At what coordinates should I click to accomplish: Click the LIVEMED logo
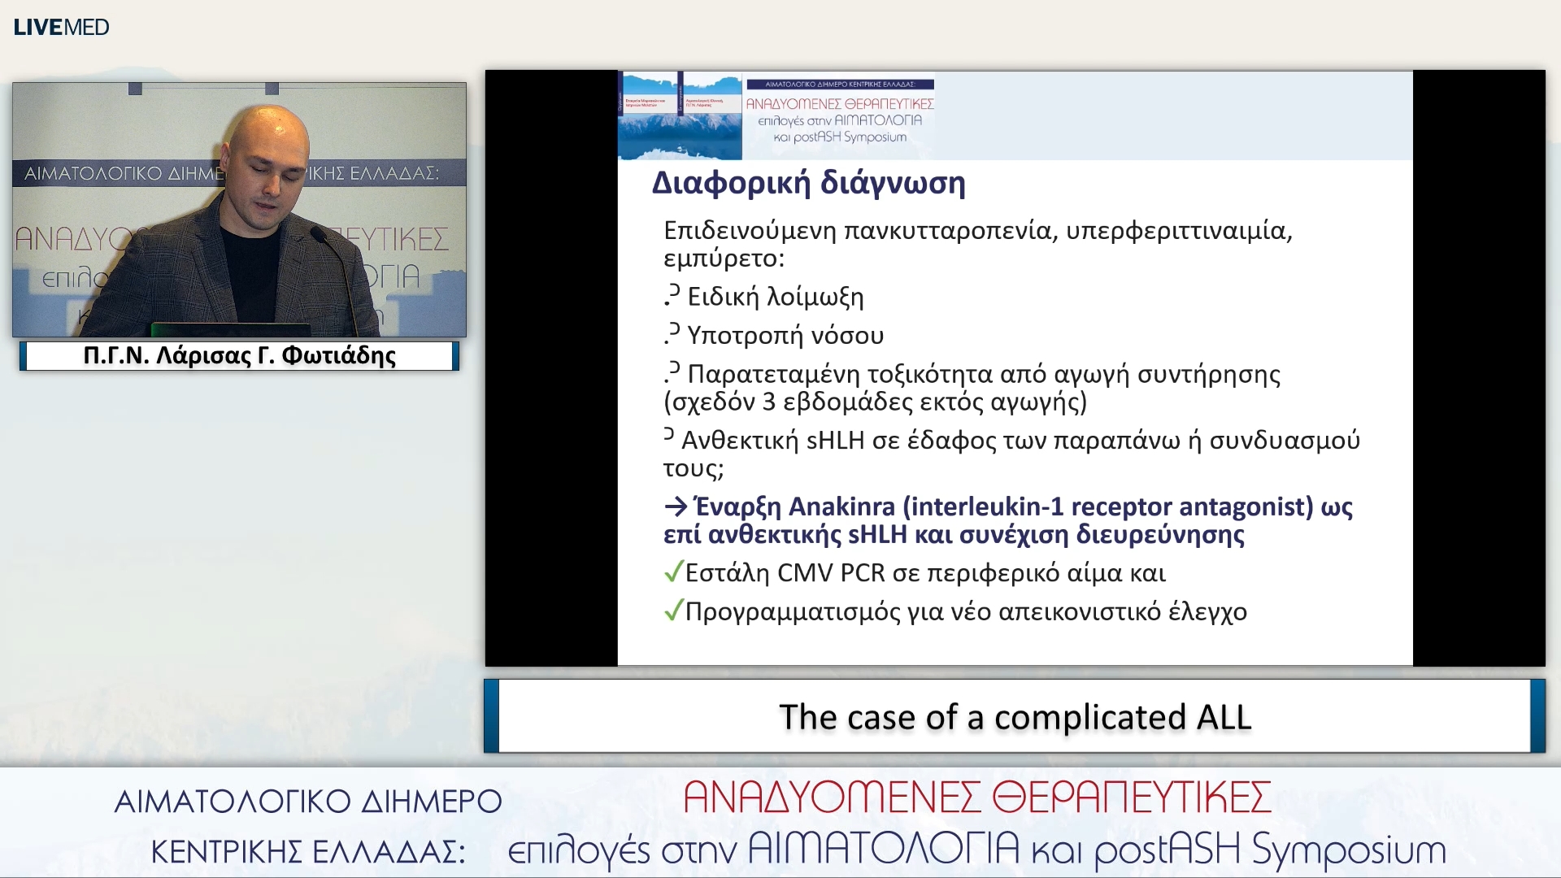pyautogui.click(x=61, y=27)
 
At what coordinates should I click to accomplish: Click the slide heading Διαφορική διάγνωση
pyautogui.click(x=808, y=183)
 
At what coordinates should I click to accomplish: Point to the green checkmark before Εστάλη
pyautogui.click(x=673, y=572)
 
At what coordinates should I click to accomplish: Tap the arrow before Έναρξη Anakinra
pyautogui.click(x=676, y=507)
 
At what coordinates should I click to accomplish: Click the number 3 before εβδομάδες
pyautogui.click(x=769, y=402)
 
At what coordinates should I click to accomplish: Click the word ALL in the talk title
pyautogui.click(x=1224, y=717)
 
